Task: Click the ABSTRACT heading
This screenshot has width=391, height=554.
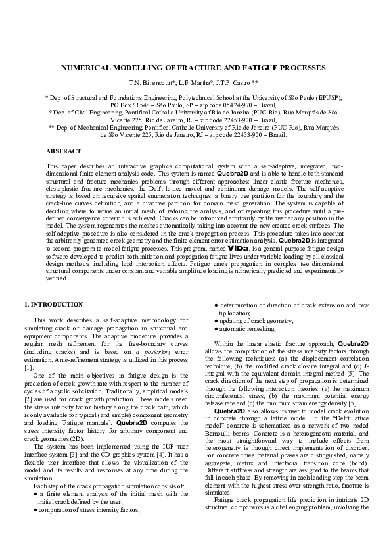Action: tap(64, 151)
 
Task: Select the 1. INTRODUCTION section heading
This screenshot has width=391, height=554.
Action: tap(54, 305)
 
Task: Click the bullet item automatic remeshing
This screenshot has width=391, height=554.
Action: tap(253, 328)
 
